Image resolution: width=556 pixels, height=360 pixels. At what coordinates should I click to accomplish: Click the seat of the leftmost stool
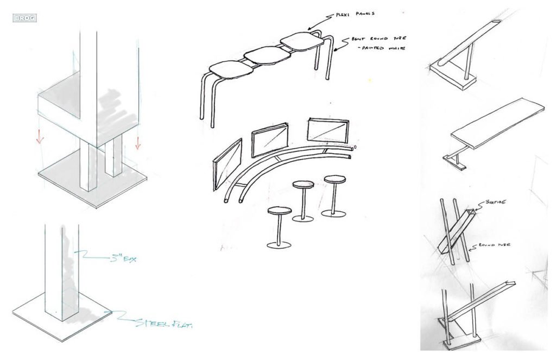coord(279,211)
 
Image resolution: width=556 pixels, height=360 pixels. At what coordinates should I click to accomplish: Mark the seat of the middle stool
coord(303,185)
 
